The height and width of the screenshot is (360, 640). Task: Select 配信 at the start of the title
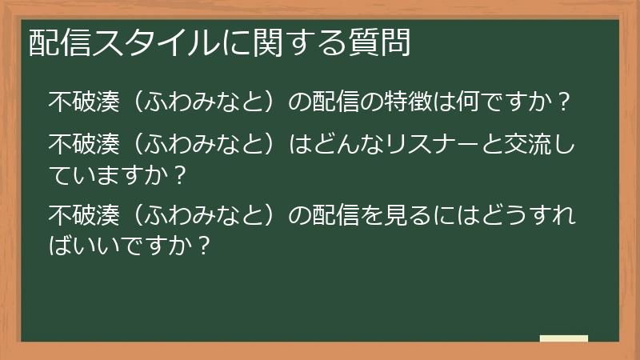(54, 42)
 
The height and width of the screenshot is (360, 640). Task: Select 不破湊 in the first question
(83, 102)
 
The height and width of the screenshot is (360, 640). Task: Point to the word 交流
(517, 145)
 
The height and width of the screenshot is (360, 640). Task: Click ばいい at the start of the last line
(83, 244)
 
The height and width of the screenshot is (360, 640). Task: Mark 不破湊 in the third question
(83, 216)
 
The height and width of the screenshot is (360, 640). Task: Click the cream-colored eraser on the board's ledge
(563, 338)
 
